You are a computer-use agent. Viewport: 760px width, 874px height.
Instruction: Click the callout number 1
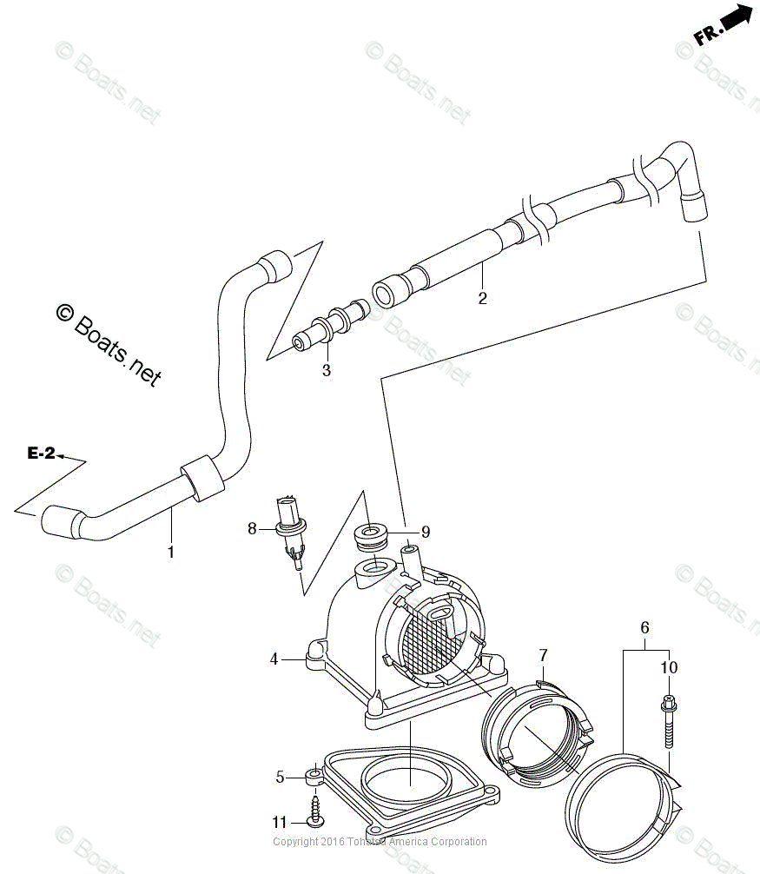[171, 552]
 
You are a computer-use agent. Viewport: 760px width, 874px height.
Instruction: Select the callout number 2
[482, 299]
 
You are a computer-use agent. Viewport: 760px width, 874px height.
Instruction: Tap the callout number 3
[327, 371]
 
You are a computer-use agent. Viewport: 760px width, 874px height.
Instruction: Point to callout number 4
[274, 659]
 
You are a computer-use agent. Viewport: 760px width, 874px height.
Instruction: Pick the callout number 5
[280, 777]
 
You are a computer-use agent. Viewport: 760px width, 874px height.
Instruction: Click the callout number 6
[644, 627]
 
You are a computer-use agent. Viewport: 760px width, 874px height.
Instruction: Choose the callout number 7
[543, 654]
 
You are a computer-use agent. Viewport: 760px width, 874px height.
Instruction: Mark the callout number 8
[253, 527]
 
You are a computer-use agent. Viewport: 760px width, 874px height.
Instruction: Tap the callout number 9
[426, 532]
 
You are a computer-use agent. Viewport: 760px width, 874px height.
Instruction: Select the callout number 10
[668, 668]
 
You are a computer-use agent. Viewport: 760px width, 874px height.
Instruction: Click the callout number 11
[279, 822]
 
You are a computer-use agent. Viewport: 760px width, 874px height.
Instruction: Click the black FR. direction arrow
[735, 21]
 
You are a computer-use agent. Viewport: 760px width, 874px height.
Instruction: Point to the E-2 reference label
[41, 453]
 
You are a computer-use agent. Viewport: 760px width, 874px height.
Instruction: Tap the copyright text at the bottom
[380, 841]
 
